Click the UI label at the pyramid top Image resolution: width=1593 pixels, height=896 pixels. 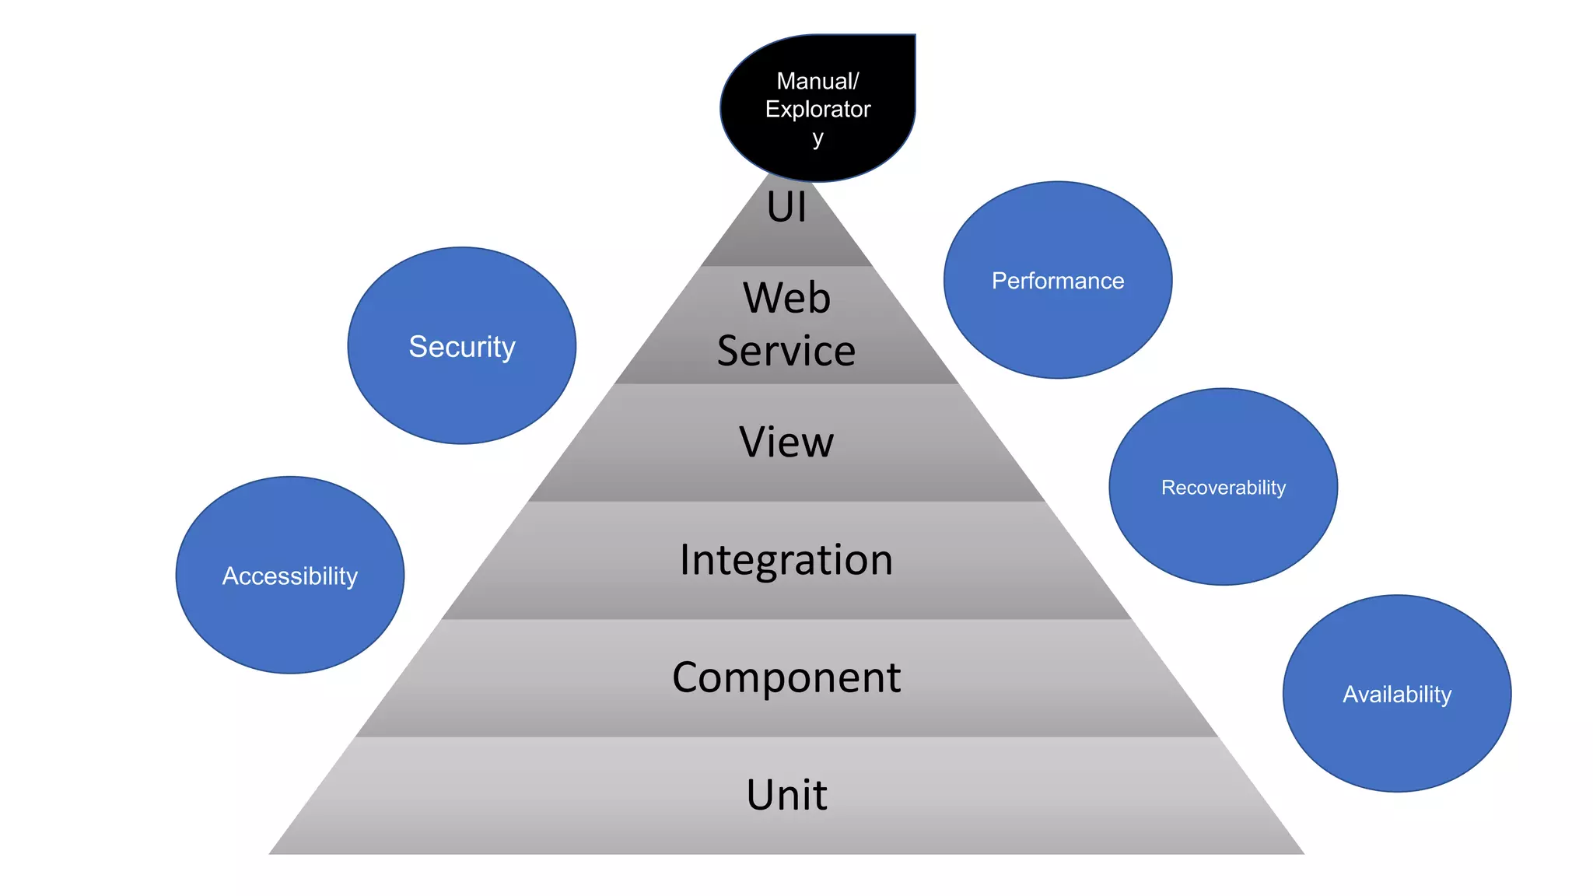pos(786,208)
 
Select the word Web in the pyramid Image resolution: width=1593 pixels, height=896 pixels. pos(786,298)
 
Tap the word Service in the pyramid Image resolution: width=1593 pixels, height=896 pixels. pos(786,351)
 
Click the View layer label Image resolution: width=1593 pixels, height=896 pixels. pos(786,442)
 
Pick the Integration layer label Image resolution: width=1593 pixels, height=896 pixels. pos(786,560)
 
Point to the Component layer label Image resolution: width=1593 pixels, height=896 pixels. pos(786,677)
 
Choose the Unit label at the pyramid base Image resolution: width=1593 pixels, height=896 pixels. pos(786,795)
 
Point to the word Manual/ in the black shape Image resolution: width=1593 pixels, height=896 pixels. pos(818,81)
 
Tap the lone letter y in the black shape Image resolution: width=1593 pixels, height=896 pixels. pos(818,139)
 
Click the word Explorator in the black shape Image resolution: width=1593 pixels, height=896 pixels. pos(818,109)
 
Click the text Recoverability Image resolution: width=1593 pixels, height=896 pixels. pos(1223,488)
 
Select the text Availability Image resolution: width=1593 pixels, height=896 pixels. pos(1396,694)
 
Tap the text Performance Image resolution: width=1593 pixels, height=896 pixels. pos(1057,281)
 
